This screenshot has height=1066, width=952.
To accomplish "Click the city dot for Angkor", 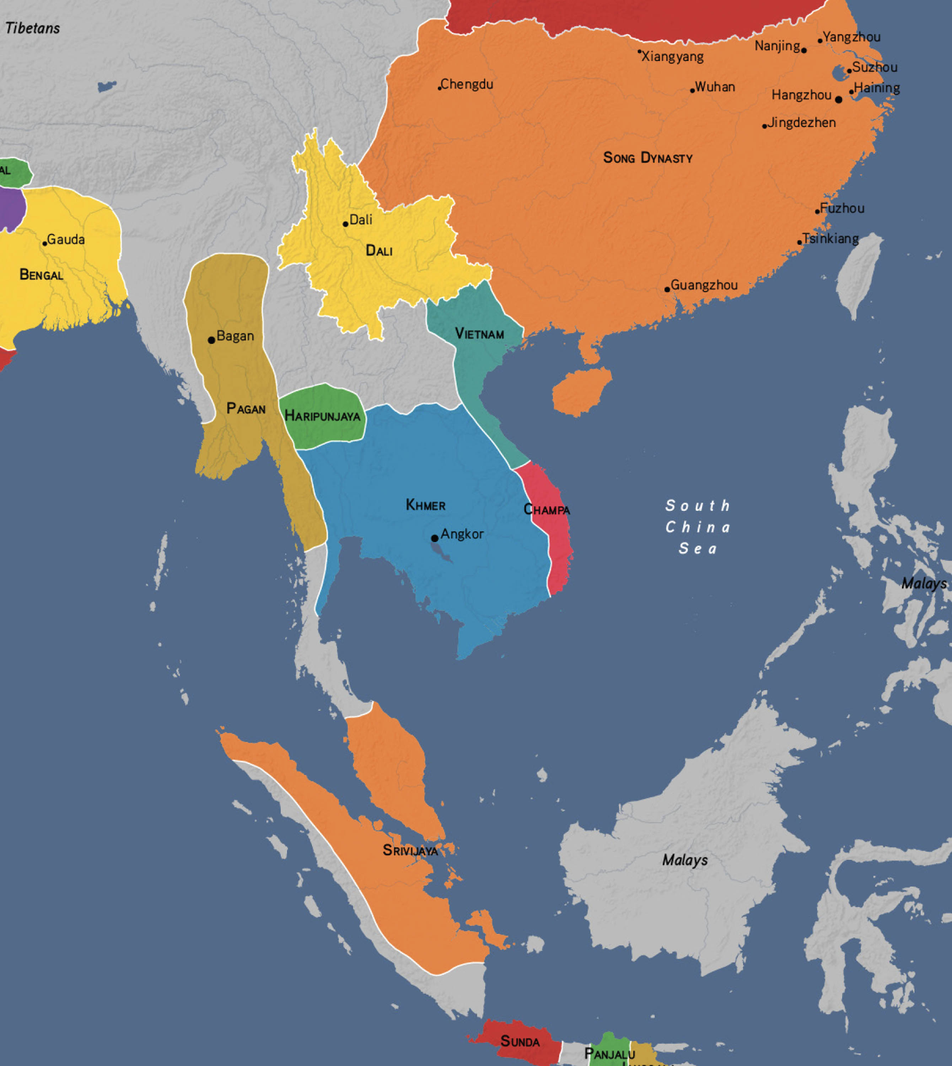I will [x=435, y=538].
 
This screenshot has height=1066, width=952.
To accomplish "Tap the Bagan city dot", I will [x=211, y=340].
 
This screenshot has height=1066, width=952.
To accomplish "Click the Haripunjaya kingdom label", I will [x=322, y=416].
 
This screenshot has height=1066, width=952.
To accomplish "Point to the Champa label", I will [x=547, y=510].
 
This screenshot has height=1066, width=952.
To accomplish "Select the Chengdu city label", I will [x=467, y=84].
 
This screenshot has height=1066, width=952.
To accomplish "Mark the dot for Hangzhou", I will [x=839, y=99].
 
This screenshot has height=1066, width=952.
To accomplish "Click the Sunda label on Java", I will [x=520, y=1041].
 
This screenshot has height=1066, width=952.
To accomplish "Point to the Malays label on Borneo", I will [x=685, y=860].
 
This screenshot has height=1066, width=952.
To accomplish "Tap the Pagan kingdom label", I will [x=246, y=409].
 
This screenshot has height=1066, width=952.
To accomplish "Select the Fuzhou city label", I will [x=842, y=208].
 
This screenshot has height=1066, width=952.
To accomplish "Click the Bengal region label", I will [x=41, y=275].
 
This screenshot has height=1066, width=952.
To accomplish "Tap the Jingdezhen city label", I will [x=801, y=123].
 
